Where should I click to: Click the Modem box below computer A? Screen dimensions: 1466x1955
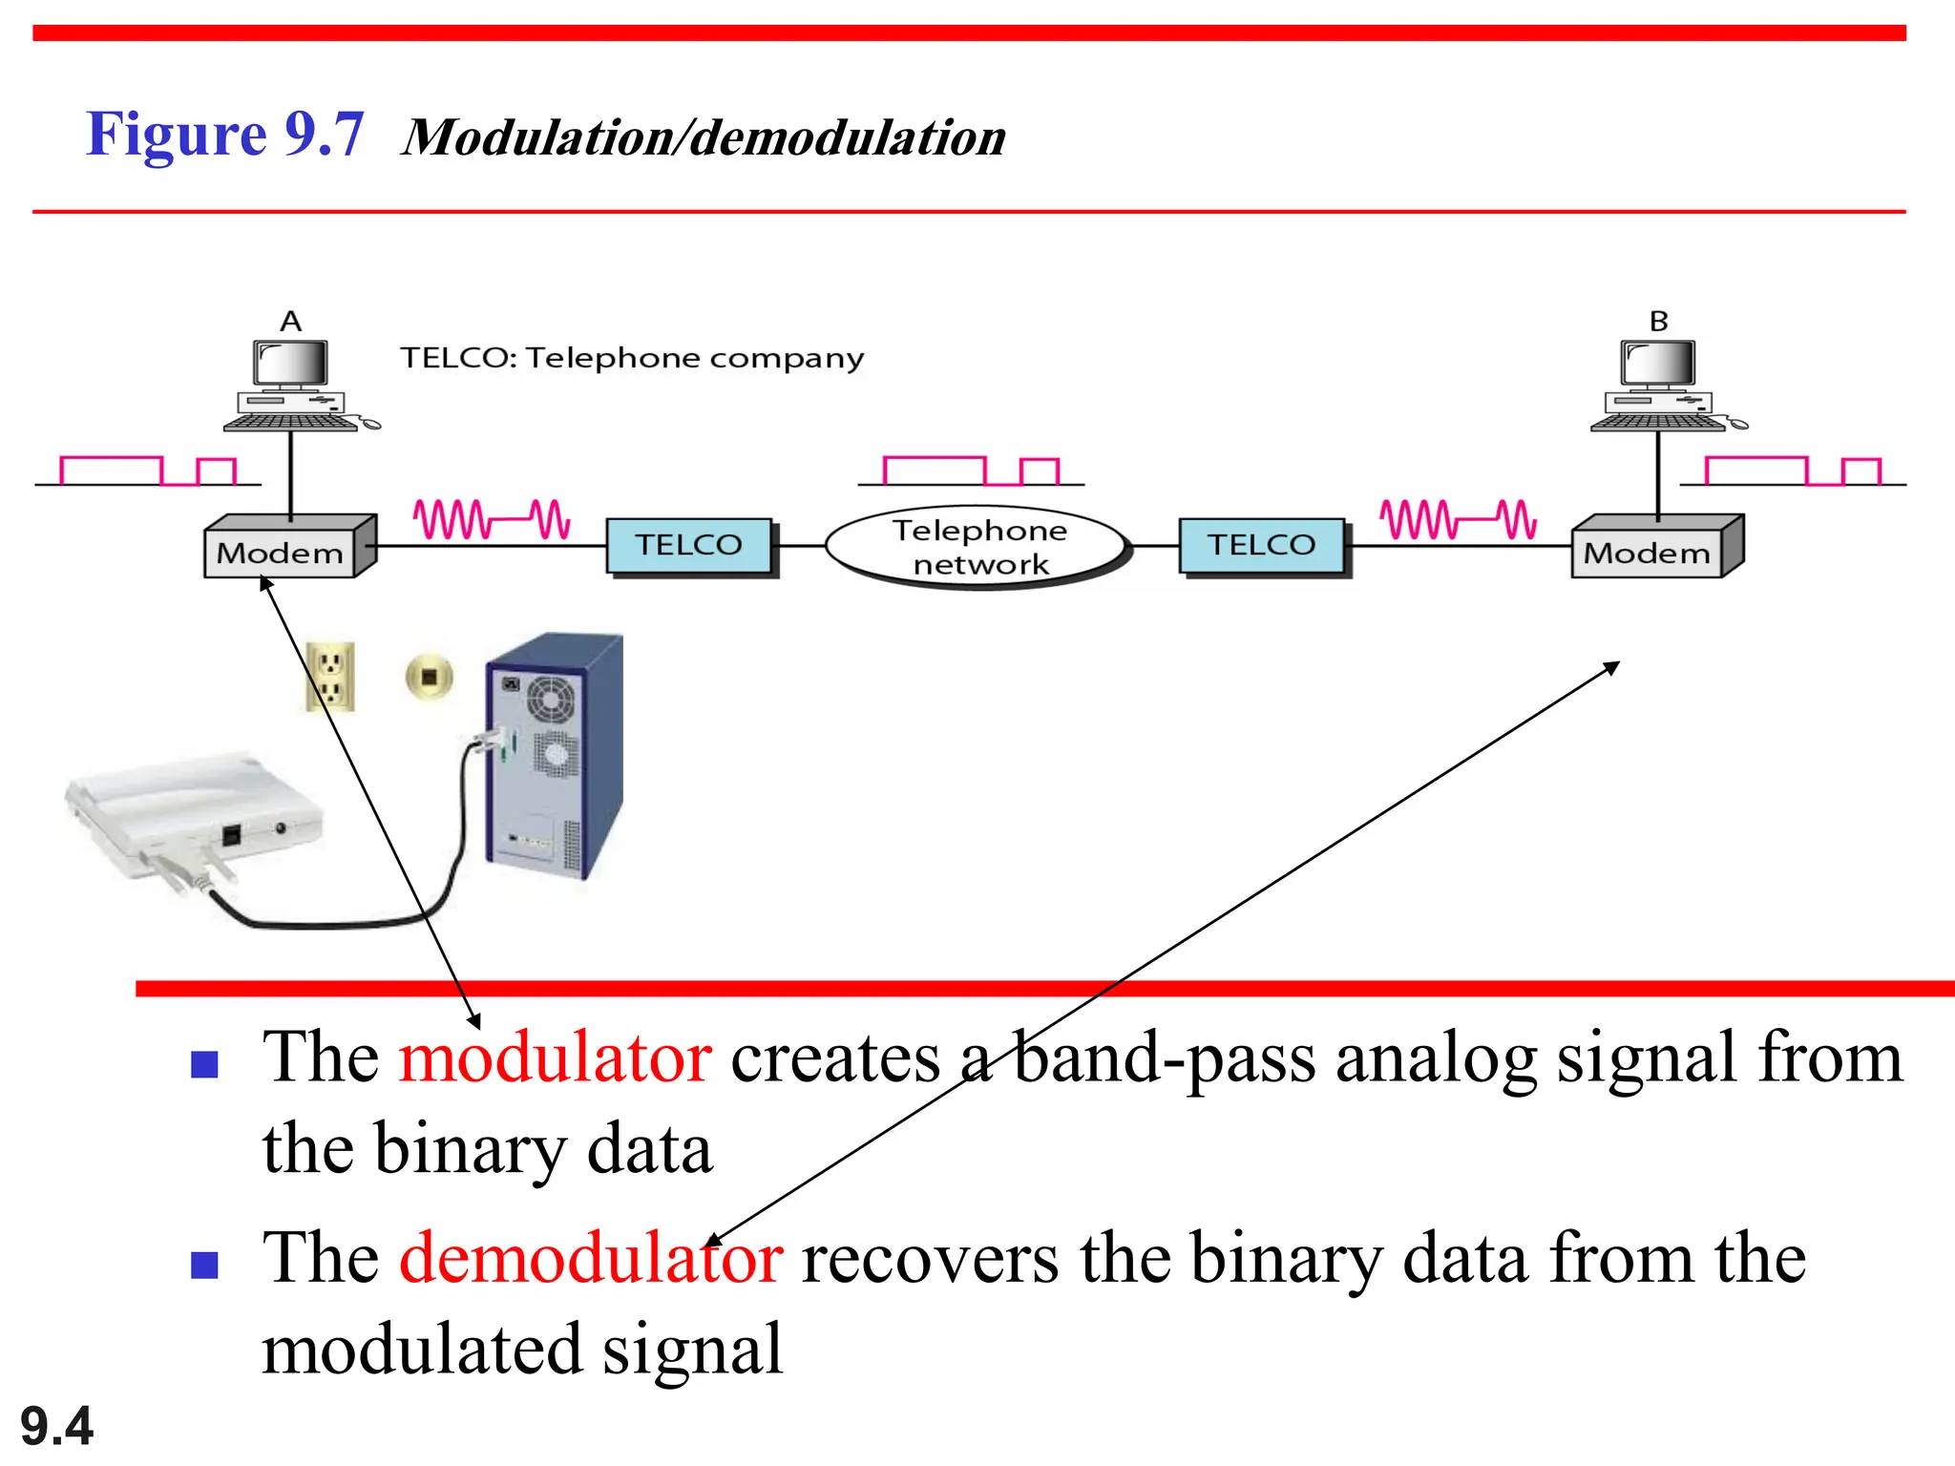281,552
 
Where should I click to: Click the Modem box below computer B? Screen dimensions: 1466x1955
1648,552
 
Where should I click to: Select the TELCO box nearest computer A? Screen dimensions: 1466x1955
689,545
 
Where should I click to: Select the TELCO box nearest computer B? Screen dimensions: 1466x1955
1261,545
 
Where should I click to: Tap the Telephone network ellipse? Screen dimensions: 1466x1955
978,547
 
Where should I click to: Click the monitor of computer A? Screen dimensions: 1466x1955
291,364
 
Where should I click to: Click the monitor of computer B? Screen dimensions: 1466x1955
1659,364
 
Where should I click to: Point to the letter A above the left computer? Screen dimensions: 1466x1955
291,322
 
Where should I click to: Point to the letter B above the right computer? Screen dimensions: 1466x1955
1659,322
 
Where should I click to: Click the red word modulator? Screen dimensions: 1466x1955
555,1058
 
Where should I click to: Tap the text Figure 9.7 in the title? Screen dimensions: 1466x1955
225,135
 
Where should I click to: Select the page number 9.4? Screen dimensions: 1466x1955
56,1426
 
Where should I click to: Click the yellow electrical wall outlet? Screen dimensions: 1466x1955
330,677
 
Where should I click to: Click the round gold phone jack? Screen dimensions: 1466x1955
429,677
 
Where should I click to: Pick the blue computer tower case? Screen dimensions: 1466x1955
554,754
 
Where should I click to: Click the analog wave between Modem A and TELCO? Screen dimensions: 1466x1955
491,519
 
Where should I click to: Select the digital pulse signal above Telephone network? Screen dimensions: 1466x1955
971,471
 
